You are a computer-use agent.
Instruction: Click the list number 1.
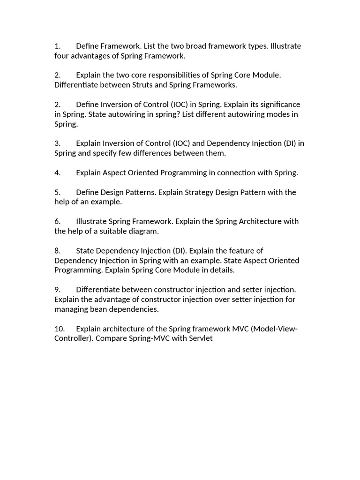pos(57,46)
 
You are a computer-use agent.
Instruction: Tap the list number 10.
pos(60,328)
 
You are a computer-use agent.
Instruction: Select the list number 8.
pos(57,250)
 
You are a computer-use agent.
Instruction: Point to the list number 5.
pos(57,192)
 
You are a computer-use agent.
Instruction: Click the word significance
pos(278,104)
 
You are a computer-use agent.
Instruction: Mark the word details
pos(221,270)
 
